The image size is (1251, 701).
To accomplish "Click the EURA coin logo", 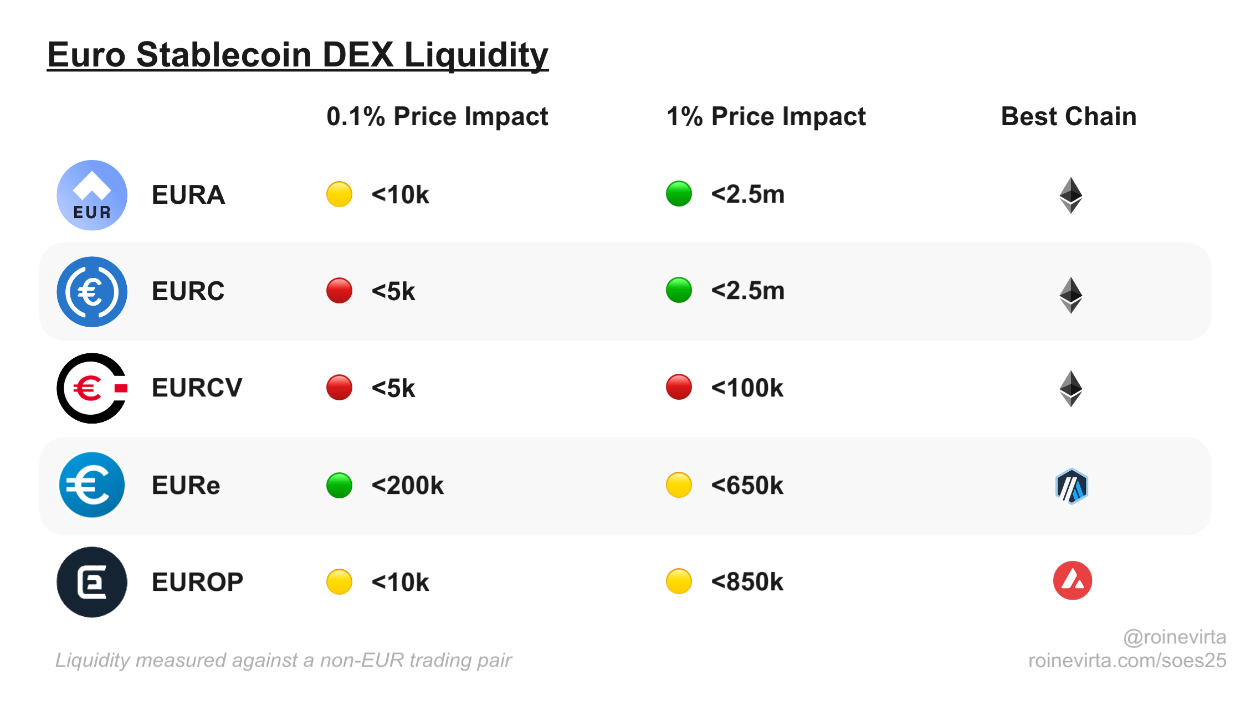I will (92, 195).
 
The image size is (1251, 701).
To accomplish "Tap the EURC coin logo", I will (92, 291).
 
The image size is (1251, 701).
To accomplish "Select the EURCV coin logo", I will (92, 388).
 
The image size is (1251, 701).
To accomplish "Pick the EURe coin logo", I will (92, 485).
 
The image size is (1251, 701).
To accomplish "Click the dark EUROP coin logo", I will (92, 582).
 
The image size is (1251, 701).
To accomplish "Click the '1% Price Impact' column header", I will (766, 117).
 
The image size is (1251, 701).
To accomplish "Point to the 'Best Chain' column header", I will (1068, 117).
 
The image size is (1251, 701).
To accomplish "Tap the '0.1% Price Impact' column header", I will (437, 117).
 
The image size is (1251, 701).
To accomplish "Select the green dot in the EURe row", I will (339, 485).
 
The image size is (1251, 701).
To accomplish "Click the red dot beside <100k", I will (679, 387).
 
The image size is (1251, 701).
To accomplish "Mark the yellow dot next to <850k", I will (679, 581).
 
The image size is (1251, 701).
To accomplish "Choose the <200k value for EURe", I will (407, 486).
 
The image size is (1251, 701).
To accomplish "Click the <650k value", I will (747, 486).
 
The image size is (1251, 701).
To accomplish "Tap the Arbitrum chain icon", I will (1071, 486).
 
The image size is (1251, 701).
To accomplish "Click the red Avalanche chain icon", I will (1072, 581).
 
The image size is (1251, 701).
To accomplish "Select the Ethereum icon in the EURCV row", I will (1070, 388).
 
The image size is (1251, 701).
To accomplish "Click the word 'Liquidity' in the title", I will (476, 55).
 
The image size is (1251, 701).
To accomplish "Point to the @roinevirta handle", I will (1174, 637).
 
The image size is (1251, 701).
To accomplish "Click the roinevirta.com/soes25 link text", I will (1127, 661).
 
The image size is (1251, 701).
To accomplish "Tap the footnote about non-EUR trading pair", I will (283, 660).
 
